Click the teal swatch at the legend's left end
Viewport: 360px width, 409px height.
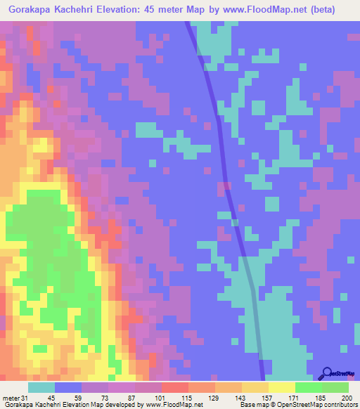coord(41,387)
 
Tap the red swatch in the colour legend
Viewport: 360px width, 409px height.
coord(175,387)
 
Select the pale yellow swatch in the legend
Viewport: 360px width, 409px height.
coord(282,387)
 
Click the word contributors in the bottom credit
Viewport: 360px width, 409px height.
coord(336,405)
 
